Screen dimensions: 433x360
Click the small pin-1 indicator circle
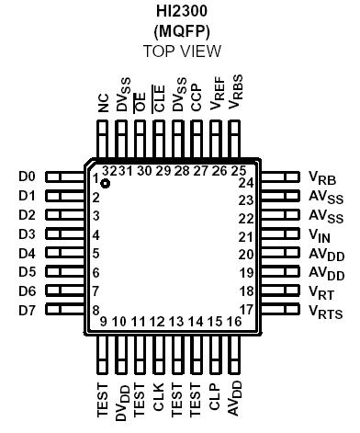coord(106,184)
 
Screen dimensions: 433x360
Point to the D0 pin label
coord(27,176)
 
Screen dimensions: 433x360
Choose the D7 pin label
coord(27,310)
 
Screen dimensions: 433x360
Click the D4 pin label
coord(27,253)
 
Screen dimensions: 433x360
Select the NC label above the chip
coord(104,100)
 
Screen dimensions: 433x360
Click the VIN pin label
coord(321,234)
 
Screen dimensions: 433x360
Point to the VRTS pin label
coord(326,312)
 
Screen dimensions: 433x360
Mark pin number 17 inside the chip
coord(245,309)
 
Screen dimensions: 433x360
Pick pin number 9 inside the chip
coord(103,321)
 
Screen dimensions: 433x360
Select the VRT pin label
coord(322,292)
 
